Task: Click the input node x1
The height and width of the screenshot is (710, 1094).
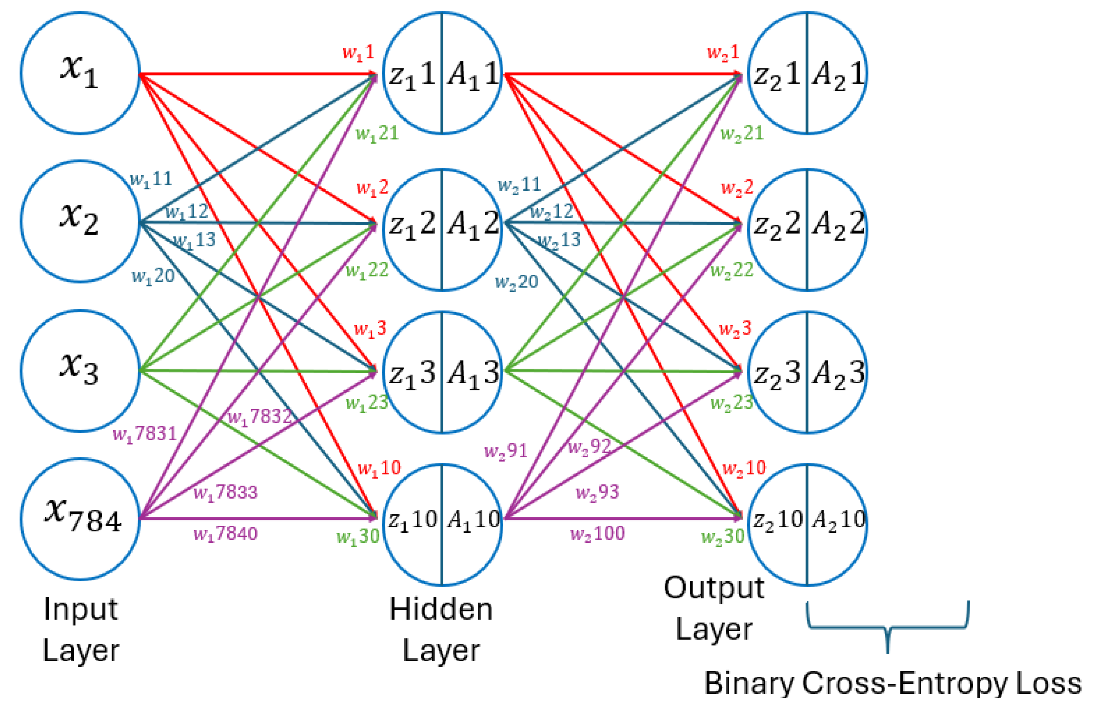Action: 80,73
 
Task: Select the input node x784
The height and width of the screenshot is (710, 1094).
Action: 80,519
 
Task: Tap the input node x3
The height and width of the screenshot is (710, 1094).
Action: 80,370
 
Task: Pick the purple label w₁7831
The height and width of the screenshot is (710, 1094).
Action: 145,434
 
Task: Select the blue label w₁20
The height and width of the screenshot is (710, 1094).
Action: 153,276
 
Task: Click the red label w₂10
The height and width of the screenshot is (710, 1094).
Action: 744,468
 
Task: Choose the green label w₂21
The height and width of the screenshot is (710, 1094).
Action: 742,134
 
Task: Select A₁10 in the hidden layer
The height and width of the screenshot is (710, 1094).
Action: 473,520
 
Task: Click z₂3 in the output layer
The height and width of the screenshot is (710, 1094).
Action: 777,373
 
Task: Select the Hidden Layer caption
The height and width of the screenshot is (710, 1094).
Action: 441,630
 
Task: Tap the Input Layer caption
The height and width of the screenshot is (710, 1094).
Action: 81,630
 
